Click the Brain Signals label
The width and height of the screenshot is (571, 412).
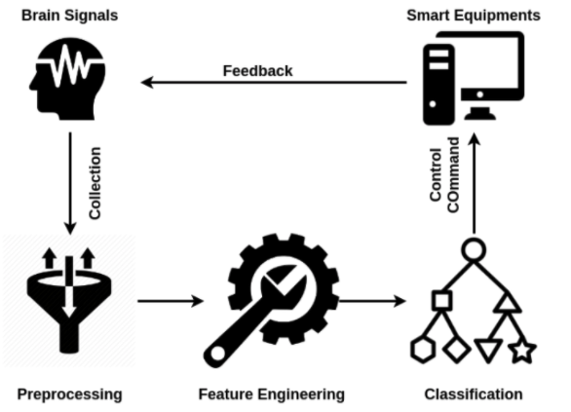[x=69, y=16]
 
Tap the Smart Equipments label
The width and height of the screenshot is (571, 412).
[x=474, y=16]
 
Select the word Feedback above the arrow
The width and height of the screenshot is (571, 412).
[x=257, y=71]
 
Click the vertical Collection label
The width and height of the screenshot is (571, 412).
[x=95, y=183]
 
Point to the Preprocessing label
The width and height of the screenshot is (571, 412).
[x=69, y=394]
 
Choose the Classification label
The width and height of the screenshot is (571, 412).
[x=474, y=394]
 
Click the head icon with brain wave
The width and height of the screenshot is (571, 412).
[x=68, y=79]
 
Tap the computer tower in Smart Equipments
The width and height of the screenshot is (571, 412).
[x=438, y=85]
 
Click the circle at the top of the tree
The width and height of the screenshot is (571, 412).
[x=474, y=250]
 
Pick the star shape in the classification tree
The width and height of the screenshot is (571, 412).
[x=522, y=351]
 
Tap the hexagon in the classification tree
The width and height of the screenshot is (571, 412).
[x=423, y=350]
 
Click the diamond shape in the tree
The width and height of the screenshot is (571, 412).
[x=456, y=350]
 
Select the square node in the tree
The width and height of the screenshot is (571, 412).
[x=442, y=301]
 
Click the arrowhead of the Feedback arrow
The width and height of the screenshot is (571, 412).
[x=146, y=82]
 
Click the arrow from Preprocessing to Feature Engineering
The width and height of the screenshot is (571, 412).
[x=171, y=301]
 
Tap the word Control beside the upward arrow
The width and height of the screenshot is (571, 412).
[x=436, y=174]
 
